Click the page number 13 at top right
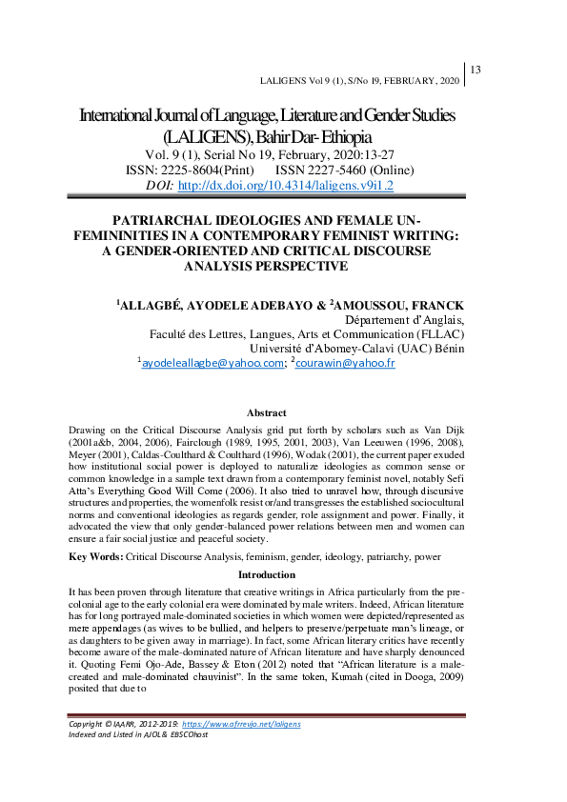477,69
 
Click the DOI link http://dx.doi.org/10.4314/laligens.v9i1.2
285,186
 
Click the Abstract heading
266,412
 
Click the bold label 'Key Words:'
95,554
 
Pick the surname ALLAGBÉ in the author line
152,305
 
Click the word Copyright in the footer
91,751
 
